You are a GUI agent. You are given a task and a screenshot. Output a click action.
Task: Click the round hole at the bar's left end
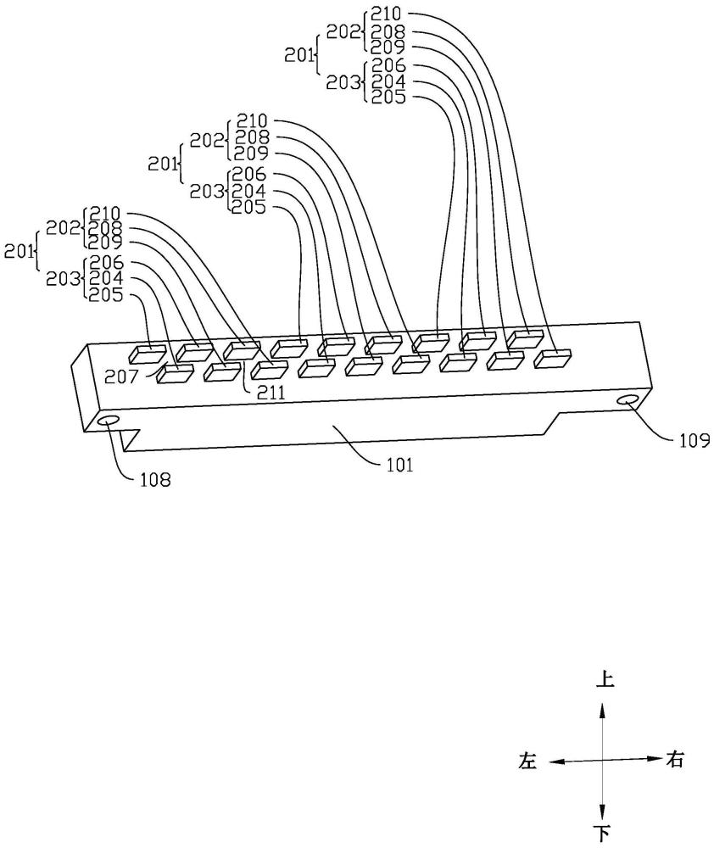[109, 421]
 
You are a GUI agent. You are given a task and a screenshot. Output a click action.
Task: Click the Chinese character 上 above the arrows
[602, 680]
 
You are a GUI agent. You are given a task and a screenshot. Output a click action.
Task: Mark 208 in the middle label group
[252, 137]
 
